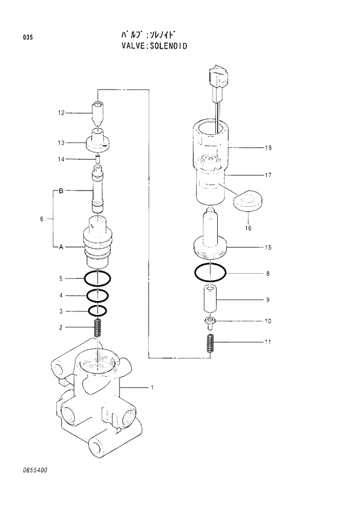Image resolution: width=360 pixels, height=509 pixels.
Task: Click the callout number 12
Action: coord(60,113)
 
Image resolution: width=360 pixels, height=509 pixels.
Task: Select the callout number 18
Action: coord(268,148)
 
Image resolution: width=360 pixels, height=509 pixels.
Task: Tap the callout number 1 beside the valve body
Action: coord(152,387)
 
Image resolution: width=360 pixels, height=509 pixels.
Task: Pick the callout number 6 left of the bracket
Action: coord(42,219)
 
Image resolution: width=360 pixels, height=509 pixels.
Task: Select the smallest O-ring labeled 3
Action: coord(98,310)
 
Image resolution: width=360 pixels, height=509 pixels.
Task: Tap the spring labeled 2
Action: coord(98,328)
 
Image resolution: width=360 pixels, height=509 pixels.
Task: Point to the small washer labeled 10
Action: coord(210,321)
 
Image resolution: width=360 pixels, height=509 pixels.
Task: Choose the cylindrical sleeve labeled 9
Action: coord(210,299)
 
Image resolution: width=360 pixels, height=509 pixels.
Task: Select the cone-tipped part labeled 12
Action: coord(99,113)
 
